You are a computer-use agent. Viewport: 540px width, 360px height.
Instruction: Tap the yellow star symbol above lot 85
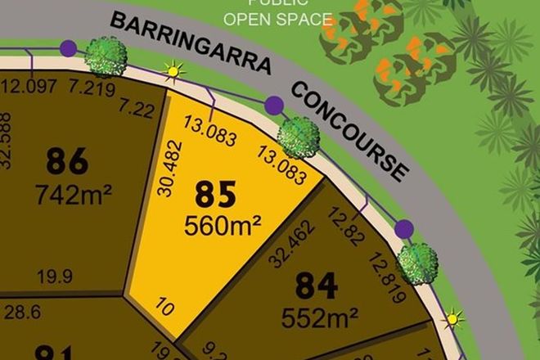click(x=173, y=71)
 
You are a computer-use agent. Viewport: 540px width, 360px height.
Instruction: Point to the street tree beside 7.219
click(x=106, y=56)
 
